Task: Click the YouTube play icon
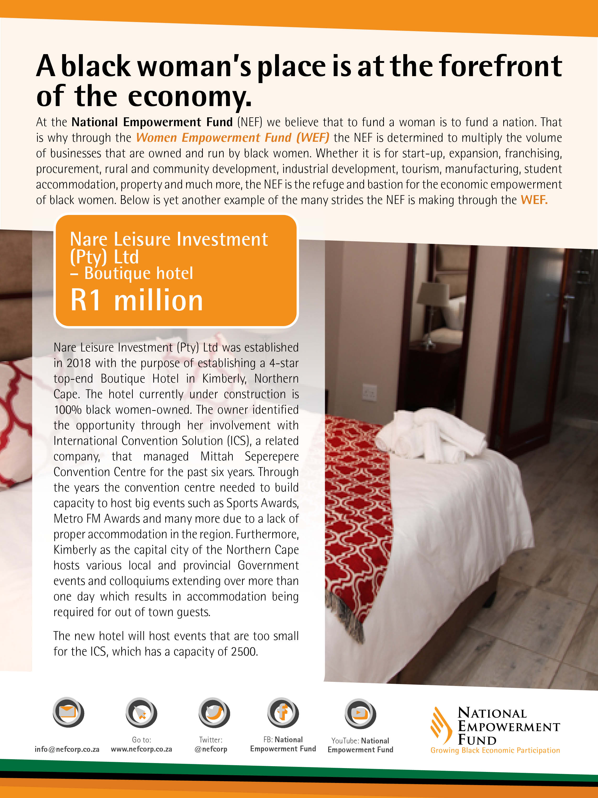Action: click(360, 713)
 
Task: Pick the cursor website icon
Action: click(141, 713)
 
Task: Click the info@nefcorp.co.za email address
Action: click(67, 749)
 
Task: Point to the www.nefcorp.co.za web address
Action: click(141, 749)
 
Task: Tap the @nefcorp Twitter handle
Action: click(211, 749)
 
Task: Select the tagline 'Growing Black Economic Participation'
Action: click(495, 750)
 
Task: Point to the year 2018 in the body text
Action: click(79, 363)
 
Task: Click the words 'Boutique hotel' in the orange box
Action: click(138, 273)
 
